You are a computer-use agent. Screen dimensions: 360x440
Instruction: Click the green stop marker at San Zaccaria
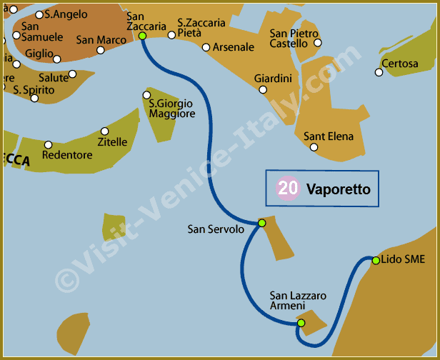tap(143, 36)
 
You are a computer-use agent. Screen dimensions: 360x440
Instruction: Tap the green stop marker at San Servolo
tap(262, 223)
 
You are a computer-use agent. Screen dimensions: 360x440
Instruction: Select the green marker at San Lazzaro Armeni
tap(301, 323)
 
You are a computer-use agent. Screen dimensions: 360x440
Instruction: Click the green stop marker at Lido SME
tap(376, 260)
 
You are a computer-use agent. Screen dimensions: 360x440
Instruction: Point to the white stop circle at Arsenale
tap(206, 48)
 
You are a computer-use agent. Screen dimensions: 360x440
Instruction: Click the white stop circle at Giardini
tap(263, 90)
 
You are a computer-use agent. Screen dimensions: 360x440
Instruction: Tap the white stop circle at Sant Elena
tap(314, 148)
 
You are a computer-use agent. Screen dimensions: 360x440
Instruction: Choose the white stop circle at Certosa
tap(379, 72)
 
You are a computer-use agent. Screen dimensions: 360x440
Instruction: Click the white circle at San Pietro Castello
tap(318, 43)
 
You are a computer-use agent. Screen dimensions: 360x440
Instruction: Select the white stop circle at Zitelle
tap(105, 131)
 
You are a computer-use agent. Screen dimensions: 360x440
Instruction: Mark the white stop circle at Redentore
tap(49, 144)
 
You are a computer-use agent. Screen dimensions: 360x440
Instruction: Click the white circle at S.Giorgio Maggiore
tap(146, 95)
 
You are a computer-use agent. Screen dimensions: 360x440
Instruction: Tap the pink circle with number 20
tap(288, 189)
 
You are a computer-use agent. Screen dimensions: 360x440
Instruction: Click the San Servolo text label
tap(216, 229)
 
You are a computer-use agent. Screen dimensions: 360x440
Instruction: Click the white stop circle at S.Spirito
tap(34, 98)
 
